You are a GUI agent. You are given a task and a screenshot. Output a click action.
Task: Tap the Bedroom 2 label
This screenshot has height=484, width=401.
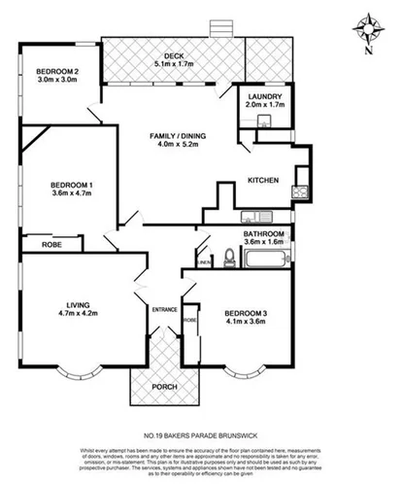[57, 72]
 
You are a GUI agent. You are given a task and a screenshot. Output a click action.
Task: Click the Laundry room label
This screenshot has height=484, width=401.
[263, 97]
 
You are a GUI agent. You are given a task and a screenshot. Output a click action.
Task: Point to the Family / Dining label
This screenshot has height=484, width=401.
[172, 137]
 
